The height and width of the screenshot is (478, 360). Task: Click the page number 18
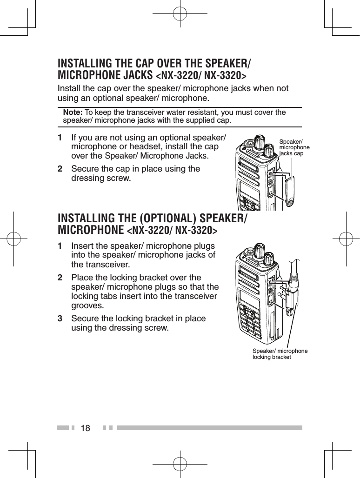click(86, 427)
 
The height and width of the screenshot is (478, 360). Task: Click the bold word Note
click(72, 113)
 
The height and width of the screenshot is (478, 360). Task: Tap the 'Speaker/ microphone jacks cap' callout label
click(294, 147)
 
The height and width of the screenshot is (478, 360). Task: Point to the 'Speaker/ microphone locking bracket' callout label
click(280, 353)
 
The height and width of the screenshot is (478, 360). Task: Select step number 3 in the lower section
click(60, 319)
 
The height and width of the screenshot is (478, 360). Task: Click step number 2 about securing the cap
click(60, 169)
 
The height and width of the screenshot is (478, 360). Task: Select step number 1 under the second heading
click(60, 246)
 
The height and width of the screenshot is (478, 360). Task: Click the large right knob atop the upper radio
click(269, 150)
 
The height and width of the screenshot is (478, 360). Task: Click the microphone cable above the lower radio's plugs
click(294, 267)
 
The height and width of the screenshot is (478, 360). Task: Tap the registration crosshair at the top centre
click(180, 14)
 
